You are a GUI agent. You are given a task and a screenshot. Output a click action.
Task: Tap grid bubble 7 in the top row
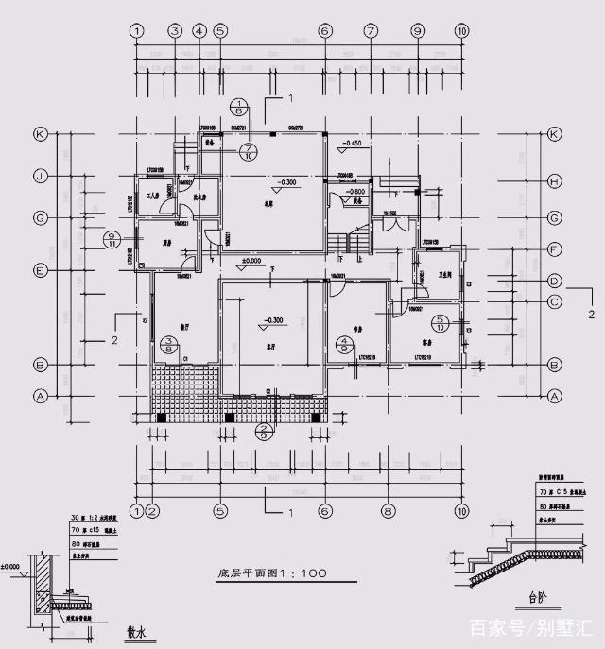[370, 30]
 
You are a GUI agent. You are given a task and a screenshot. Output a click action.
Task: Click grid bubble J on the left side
[41, 176]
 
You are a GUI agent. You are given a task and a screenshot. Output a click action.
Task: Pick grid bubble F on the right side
[555, 250]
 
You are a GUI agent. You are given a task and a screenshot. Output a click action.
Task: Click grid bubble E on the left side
[41, 270]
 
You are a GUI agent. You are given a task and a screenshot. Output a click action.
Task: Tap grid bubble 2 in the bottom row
[151, 511]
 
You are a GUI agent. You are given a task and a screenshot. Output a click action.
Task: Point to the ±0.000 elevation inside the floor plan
[251, 260]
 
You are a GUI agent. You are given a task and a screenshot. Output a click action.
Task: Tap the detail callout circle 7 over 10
[249, 153]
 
